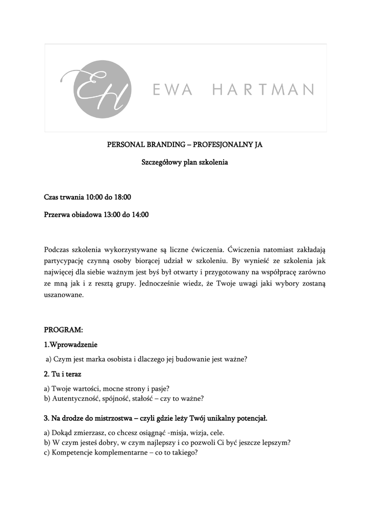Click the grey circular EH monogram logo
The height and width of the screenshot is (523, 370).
[x=96, y=89]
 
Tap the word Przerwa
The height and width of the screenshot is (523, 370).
[x=58, y=215]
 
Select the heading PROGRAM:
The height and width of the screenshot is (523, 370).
[x=63, y=330]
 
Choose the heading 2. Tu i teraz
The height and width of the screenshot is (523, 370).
[x=63, y=374]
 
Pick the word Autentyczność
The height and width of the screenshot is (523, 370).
[x=75, y=398]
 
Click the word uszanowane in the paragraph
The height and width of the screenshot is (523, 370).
[x=64, y=295]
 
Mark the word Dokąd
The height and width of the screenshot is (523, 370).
[x=62, y=432]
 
